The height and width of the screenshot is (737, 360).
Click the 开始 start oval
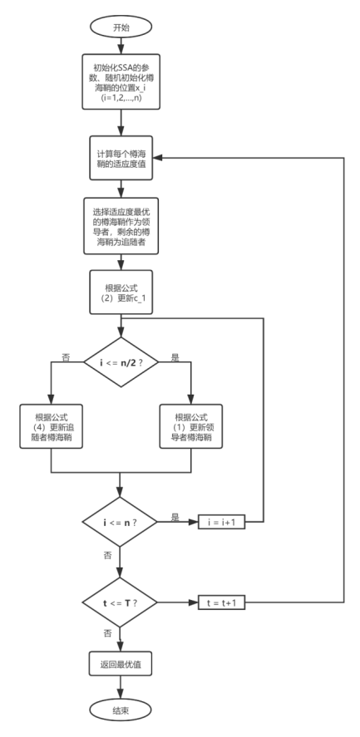click(x=121, y=27)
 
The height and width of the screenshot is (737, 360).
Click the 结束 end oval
click(x=121, y=711)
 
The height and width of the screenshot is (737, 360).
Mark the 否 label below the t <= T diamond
click(x=107, y=632)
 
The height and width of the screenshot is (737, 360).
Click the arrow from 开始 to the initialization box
click(x=121, y=47)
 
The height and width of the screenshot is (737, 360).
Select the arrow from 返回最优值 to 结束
click(x=121, y=687)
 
